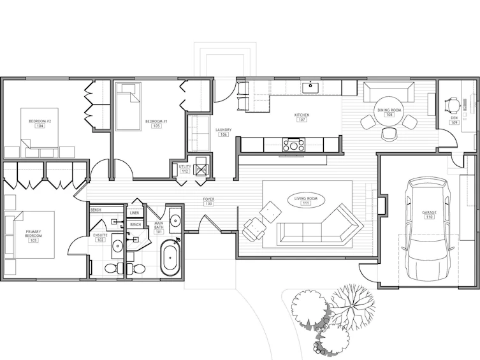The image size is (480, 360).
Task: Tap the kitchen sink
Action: point(310,87)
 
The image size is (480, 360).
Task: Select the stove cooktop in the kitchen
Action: point(294,145)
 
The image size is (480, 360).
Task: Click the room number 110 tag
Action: point(429,217)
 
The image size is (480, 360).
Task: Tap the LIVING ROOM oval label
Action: point(306,200)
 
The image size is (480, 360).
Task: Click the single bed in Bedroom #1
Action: point(129,107)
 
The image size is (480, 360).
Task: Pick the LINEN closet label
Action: point(135,213)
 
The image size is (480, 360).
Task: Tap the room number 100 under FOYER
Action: point(209,204)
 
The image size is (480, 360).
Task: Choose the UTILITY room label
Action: point(185,167)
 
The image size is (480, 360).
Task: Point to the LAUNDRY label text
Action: point(224,130)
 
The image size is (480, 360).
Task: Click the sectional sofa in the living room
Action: point(320,225)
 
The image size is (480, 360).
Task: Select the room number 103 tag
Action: point(33,240)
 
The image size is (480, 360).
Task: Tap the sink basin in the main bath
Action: point(175,220)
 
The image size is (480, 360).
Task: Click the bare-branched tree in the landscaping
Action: point(353,306)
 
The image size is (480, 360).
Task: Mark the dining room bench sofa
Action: point(389,92)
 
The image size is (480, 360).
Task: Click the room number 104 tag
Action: point(40,126)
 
